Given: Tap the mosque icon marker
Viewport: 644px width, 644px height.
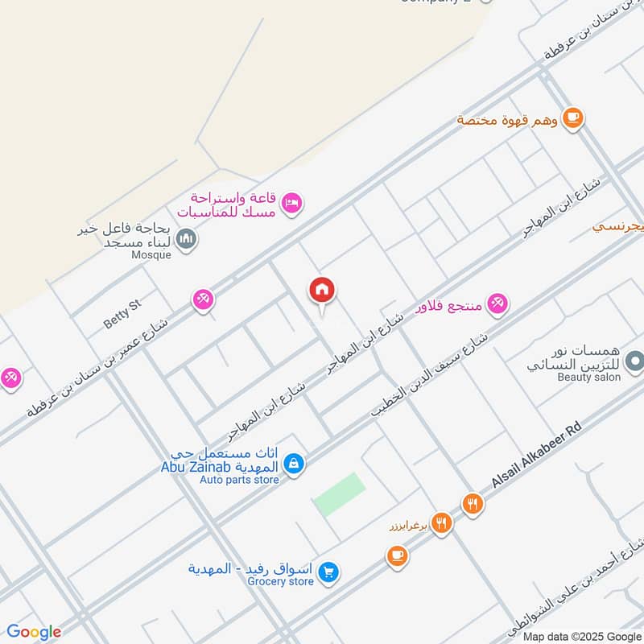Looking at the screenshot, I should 187,239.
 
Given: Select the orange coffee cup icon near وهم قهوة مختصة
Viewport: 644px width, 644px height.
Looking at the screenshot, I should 572,118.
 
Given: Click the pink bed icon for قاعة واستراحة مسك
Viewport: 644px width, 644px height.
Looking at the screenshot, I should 292,202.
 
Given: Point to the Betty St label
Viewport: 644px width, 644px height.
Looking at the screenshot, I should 122,313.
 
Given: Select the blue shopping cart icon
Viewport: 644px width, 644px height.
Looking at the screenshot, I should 328,572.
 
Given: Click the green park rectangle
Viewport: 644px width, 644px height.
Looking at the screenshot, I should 339,494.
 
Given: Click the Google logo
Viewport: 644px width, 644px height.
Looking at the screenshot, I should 34,632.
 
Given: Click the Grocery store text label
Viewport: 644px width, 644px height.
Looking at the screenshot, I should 280,581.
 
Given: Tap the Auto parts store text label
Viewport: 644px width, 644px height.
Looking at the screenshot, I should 239,480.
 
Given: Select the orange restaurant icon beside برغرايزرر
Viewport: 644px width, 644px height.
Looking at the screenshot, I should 441,523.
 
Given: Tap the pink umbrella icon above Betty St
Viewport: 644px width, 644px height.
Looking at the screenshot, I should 203,300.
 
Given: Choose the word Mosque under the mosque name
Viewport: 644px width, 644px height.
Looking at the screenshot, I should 152,255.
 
